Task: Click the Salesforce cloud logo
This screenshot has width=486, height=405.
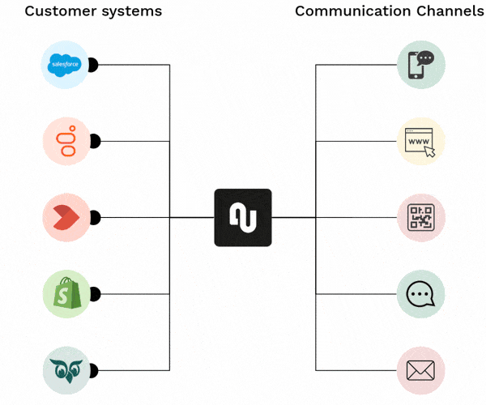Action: tap(65, 64)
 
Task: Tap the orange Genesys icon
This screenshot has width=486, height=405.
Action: tap(65, 141)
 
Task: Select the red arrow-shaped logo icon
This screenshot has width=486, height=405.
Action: tap(65, 217)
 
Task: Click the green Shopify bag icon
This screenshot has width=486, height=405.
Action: tap(65, 294)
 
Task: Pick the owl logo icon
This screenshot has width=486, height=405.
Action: tap(65, 370)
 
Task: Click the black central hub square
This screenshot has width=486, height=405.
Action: tap(243, 217)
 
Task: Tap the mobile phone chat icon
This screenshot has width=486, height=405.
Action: tap(421, 64)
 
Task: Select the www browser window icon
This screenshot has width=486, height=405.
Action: tap(421, 141)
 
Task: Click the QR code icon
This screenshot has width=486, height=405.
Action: tap(421, 217)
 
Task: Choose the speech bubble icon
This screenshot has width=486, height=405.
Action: tap(421, 294)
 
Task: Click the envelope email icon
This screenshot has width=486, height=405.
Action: tap(421, 370)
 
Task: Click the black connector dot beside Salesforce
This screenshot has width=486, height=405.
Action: tap(94, 64)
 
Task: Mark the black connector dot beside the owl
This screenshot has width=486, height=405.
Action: tap(94, 370)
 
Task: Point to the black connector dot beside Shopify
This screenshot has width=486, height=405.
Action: tap(94, 294)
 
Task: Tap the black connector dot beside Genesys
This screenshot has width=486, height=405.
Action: tap(94, 141)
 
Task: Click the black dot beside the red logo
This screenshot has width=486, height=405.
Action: tap(94, 217)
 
